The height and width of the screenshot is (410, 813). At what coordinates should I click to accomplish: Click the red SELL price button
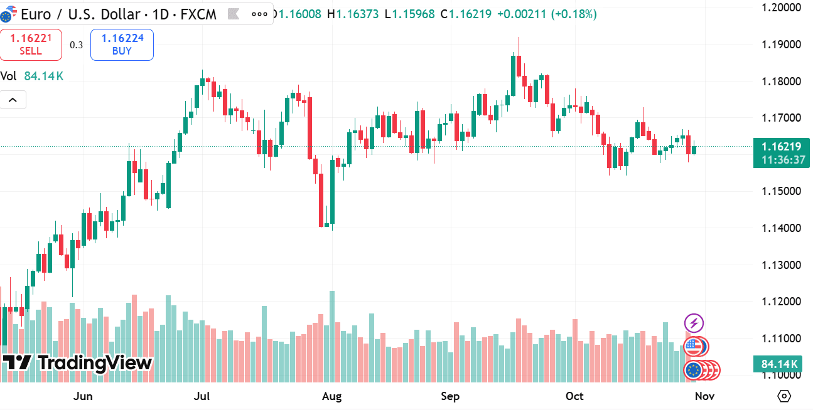click(31, 45)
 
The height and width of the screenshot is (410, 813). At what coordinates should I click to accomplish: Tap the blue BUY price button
click(122, 45)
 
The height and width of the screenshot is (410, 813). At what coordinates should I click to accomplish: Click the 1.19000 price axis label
click(781, 45)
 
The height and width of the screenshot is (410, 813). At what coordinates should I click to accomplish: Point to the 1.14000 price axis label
click(781, 228)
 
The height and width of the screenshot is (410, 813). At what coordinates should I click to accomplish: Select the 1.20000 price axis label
click(781, 8)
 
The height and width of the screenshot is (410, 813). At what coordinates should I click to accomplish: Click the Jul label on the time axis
click(202, 396)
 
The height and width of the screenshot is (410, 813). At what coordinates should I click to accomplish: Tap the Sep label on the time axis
click(450, 396)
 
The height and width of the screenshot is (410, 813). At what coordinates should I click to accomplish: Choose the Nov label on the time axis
click(704, 396)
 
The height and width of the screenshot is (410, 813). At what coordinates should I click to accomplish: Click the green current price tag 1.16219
click(781, 153)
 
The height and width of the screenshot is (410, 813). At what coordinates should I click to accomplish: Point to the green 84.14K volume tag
click(779, 364)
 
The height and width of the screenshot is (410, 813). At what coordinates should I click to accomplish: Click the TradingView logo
click(77, 363)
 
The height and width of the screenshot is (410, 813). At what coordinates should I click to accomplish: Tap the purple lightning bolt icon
click(694, 323)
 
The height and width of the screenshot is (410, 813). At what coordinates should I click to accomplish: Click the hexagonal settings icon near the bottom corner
click(783, 396)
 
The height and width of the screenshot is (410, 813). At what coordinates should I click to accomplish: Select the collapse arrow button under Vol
click(13, 100)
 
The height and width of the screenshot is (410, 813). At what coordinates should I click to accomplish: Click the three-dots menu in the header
click(259, 14)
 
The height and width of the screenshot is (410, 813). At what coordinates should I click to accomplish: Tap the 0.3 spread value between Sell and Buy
click(76, 45)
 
